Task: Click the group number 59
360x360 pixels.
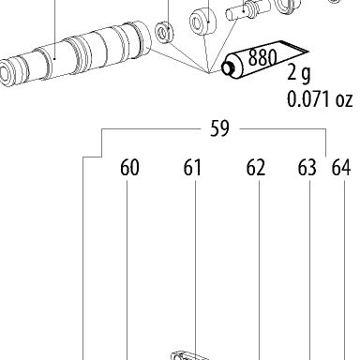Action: (x=219, y=128)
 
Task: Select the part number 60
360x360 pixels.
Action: (x=129, y=168)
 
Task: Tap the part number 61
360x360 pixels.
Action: (x=192, y=168)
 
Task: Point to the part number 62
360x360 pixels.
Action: (x=256, y=168)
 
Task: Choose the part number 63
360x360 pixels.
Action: (x=307, y=168)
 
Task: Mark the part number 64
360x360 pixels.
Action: (x=341, y=168)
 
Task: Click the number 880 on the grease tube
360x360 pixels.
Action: (x=262, y=57)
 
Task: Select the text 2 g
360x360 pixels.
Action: (x=299, y=74)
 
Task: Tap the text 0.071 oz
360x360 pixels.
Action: (x=320, y=99)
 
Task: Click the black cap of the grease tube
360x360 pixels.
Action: (x=228, y=67)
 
